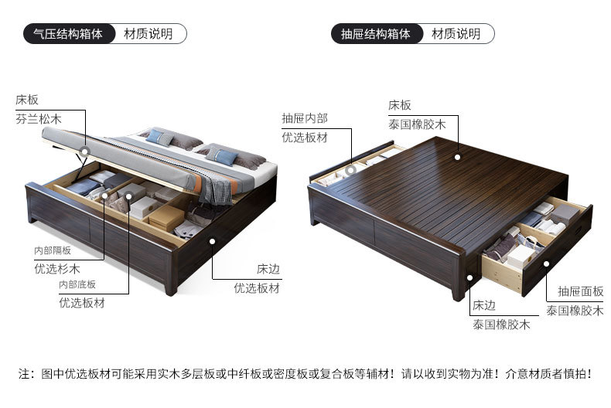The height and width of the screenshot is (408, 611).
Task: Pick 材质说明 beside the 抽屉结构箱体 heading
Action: tap(456, 34)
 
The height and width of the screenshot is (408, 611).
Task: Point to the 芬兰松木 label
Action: tap(38, 120)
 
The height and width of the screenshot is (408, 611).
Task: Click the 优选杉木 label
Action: tap(57, 270)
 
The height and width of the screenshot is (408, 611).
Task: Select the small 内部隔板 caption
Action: tap(53, 251)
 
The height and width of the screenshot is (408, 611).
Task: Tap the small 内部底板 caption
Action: tap(77, 284)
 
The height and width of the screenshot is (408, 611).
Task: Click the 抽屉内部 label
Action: tap(304, 118)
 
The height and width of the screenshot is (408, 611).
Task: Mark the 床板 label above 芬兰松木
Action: tap(26, 100)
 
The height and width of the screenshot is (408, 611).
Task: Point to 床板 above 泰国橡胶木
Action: tap(400, 105)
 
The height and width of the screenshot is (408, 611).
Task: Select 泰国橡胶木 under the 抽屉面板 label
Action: tap(575, 310)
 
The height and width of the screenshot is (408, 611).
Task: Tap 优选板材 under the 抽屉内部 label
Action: tap(304, 138)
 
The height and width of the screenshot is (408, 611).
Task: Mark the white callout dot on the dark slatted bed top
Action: tap(458, 157)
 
